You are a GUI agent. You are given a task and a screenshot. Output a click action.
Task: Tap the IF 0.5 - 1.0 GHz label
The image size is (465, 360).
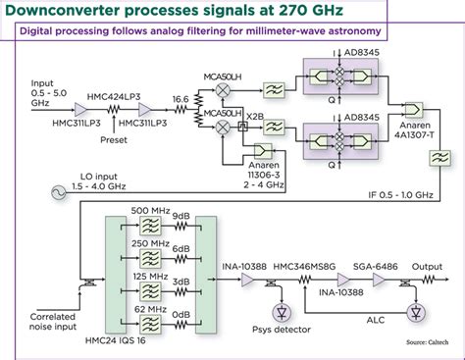coord(399,192)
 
